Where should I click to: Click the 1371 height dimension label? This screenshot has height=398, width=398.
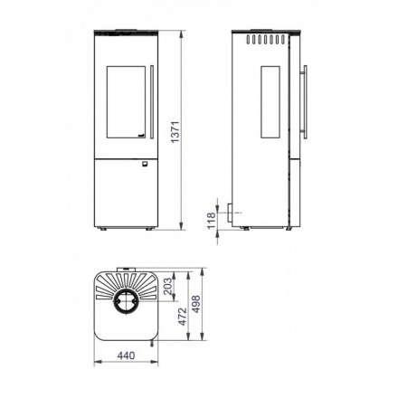(175, 132)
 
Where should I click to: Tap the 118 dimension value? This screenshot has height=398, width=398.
(212, 220)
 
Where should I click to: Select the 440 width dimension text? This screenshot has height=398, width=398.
(126, 355)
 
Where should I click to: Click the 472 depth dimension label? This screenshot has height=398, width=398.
(183, 317)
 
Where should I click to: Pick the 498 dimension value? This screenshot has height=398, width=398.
(196, 304)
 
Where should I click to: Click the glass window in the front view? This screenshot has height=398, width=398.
(126, 102)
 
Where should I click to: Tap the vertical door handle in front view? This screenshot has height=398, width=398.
(152, 102)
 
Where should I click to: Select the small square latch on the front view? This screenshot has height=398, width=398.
(145, 164)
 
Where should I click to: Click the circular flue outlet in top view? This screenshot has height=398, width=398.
(126, 302)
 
